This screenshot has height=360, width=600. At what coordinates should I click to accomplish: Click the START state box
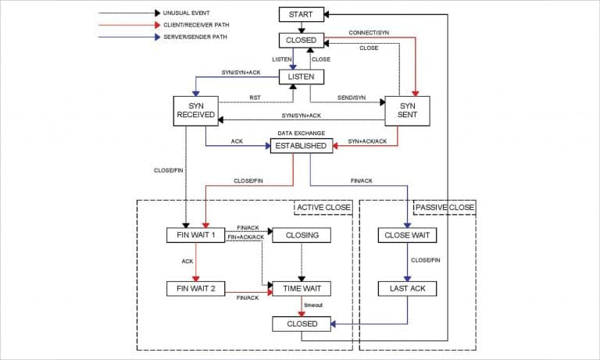301,15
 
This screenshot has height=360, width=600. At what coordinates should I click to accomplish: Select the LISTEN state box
301,77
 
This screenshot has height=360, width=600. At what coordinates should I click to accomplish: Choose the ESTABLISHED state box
302,145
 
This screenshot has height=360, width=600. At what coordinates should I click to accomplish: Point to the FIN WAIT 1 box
196,235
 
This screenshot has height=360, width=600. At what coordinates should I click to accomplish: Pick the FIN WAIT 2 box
196,289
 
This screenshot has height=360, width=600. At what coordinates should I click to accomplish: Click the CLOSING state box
302,235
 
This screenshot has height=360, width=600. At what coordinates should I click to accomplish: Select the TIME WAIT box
302,289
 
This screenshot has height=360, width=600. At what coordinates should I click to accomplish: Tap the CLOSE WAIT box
407,235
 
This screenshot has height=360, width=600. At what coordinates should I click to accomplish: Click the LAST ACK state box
407,289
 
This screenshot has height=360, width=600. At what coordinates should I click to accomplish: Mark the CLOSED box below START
301,40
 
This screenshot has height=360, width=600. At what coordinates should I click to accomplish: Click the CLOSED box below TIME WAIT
302,323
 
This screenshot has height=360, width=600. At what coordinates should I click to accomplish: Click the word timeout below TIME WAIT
315,305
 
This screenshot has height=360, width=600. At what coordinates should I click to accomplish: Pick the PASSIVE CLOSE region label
445,208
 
